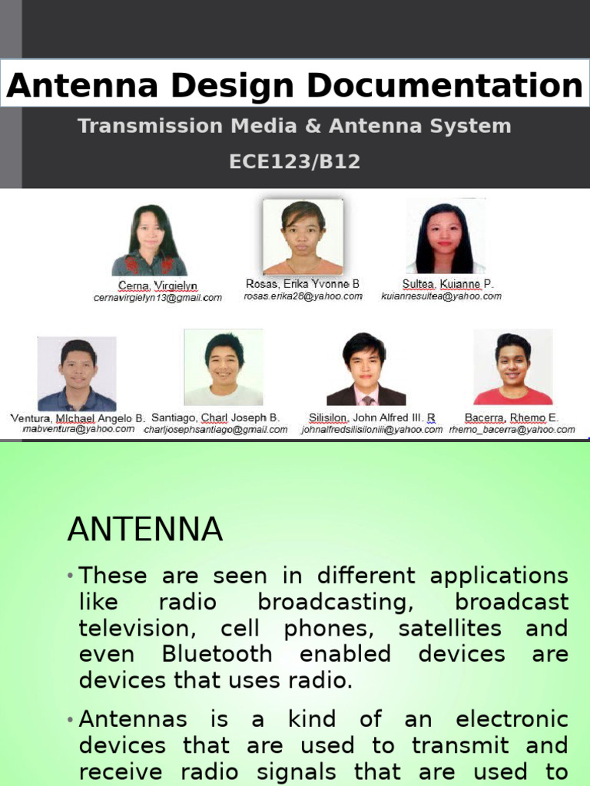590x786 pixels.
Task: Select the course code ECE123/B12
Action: click(x=295, y=162)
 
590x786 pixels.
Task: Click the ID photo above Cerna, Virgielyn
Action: click(x=149, y=240)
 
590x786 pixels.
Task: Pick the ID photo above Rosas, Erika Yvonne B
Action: click(x=303, y=237)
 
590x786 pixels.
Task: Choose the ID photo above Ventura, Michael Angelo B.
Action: click(x=77, y=374)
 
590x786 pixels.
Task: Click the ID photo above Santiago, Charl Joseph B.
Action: click(x=224, y=368)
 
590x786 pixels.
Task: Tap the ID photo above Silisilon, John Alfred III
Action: click(x=366, y=369)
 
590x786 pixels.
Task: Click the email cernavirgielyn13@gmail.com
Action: click(x=157, y=298)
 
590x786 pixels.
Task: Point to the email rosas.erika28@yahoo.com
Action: click(x=303, y=296)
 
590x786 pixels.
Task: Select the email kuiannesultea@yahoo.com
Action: click(x=441, y=296)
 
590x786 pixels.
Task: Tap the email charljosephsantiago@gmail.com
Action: click(x=216, y=430)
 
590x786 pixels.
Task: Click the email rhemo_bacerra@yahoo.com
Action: click(x=512, y=430)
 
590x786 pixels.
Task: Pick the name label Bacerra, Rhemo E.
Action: click(x=512, y=418)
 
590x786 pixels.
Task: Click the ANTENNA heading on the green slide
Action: click(x=145, y=530)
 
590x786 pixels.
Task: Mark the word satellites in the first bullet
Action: click(x=456, y=628)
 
